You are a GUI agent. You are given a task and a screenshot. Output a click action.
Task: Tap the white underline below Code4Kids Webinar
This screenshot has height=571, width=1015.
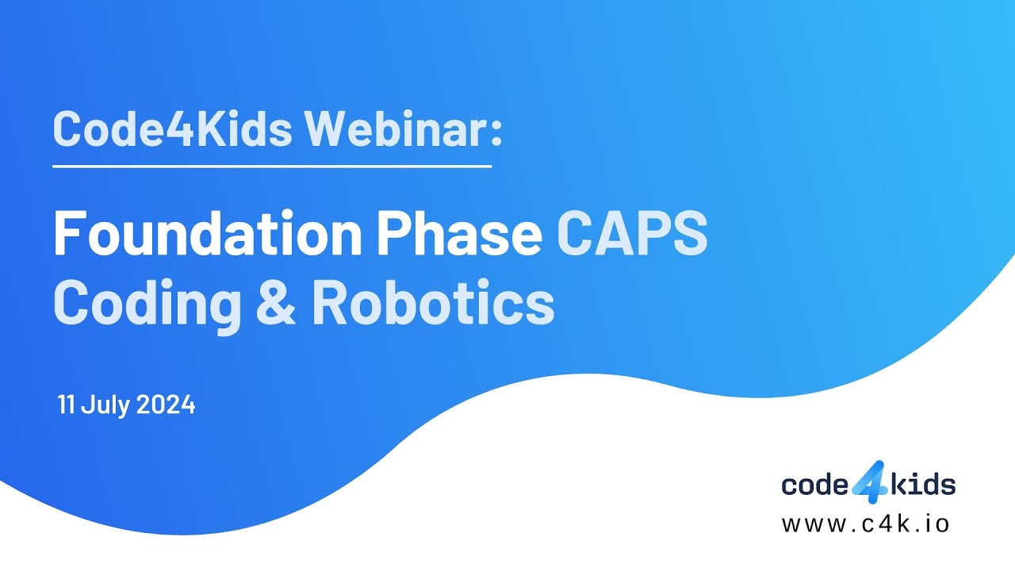point(272,167)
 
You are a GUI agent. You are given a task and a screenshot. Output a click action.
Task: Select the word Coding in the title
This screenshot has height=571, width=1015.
point(147,303)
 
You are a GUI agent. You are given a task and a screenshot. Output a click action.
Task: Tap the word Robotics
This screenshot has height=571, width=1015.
point(432,303)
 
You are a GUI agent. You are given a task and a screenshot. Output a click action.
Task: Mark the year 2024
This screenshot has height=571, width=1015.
point(165,405)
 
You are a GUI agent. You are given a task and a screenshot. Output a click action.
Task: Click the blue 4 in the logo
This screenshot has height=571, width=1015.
point(870,483)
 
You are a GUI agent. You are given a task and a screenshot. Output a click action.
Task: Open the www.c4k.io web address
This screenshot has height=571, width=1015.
point(865,524)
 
